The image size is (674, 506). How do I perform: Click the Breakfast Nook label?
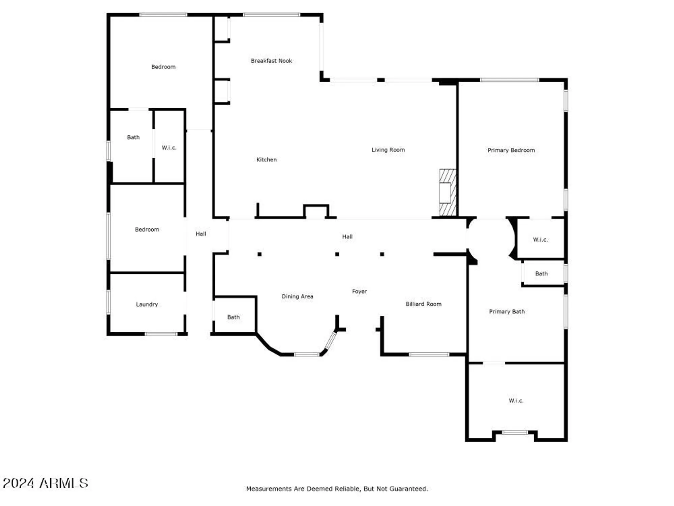coord(271,61)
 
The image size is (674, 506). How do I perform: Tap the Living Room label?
coord(388,150)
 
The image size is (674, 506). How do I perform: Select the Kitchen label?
coord(266,160)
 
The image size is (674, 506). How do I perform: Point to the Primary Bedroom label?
coord(511,150)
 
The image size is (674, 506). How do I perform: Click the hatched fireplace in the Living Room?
coord(448,193)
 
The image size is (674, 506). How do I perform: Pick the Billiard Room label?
coord(423,304)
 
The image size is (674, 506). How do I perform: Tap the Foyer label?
coord(359,291)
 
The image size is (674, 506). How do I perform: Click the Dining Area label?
coord(297,296)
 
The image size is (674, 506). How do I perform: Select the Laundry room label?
coord(147,304)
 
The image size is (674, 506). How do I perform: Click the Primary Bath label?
coord(507,311)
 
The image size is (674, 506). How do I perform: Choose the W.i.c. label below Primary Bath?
coord(516,400)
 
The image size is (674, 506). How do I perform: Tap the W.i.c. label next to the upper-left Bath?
coord(169,147)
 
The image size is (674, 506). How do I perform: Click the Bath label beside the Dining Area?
coord(233,317)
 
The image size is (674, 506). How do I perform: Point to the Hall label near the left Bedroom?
coord(201,233)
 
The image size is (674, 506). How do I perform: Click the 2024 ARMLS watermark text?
coord(45,483)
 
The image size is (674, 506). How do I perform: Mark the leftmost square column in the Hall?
coord(259,254)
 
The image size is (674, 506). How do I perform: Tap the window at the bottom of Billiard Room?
coord(429,355)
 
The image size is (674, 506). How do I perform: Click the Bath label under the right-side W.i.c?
coord(541,274)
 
